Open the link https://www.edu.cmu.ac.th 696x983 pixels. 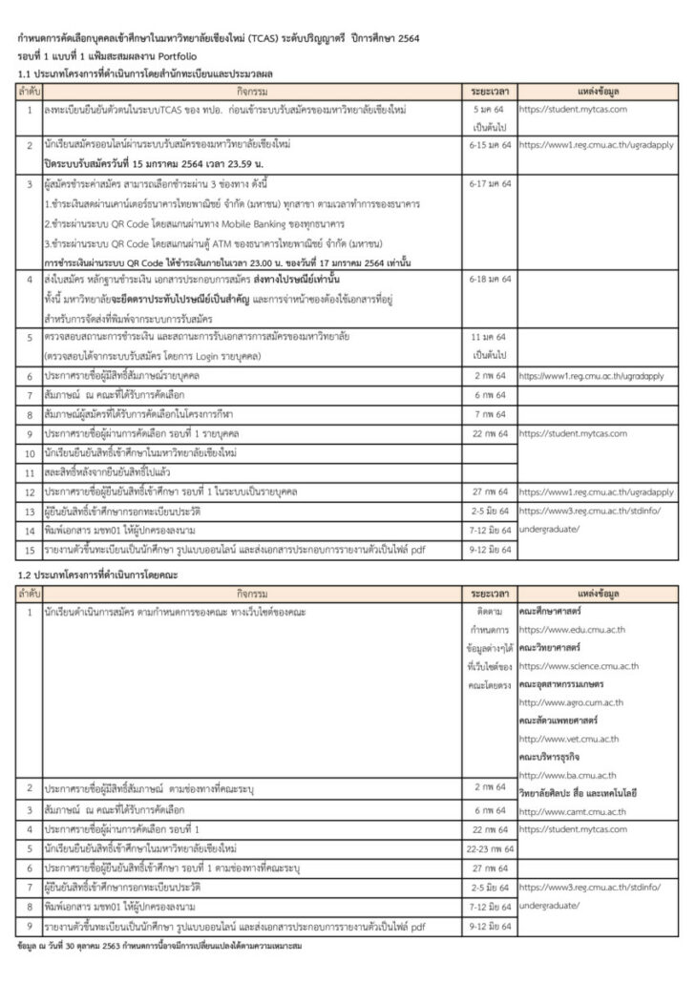571,629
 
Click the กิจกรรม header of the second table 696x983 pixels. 252,593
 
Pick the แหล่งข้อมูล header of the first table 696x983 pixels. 599,91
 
